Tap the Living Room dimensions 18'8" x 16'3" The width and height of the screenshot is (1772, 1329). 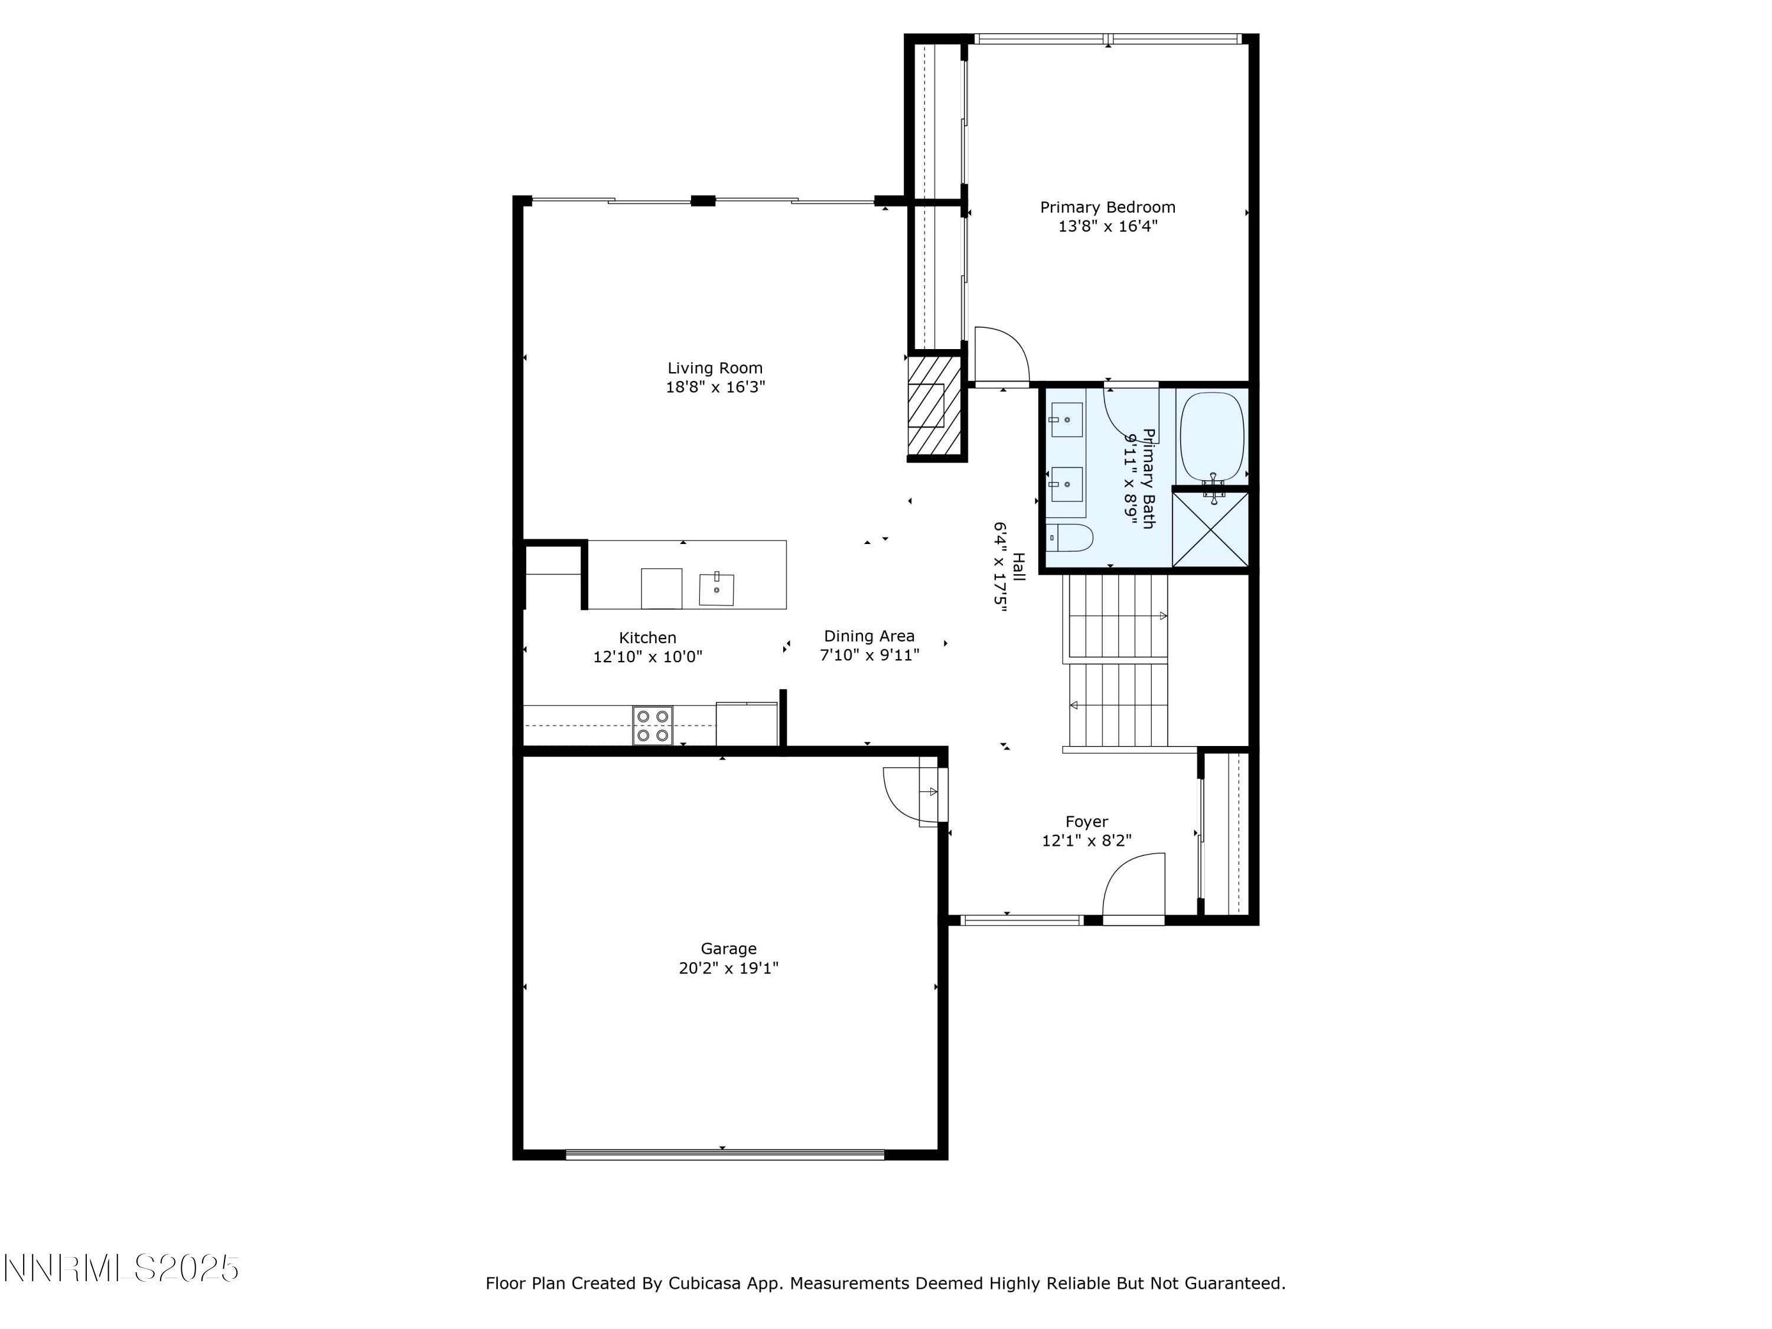pos(715,387)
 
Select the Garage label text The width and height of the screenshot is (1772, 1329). pos(728,949)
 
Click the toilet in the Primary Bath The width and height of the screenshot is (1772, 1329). pos(1070,538)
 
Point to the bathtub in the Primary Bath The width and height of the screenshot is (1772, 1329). pos(1212,437)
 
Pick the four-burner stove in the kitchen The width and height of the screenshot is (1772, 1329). pos(652,726)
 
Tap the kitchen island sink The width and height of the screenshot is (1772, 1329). pos(716,589)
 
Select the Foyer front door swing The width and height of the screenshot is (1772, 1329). pos(1134,886)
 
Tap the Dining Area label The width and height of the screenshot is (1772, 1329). pos(869,636)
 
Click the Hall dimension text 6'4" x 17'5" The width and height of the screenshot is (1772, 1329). pos(1000,567)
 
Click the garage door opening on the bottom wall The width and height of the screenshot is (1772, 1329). pos(725,1154)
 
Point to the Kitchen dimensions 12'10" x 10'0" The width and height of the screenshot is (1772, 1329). pos(647,657)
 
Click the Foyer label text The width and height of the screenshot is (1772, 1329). pos(1086,822)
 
